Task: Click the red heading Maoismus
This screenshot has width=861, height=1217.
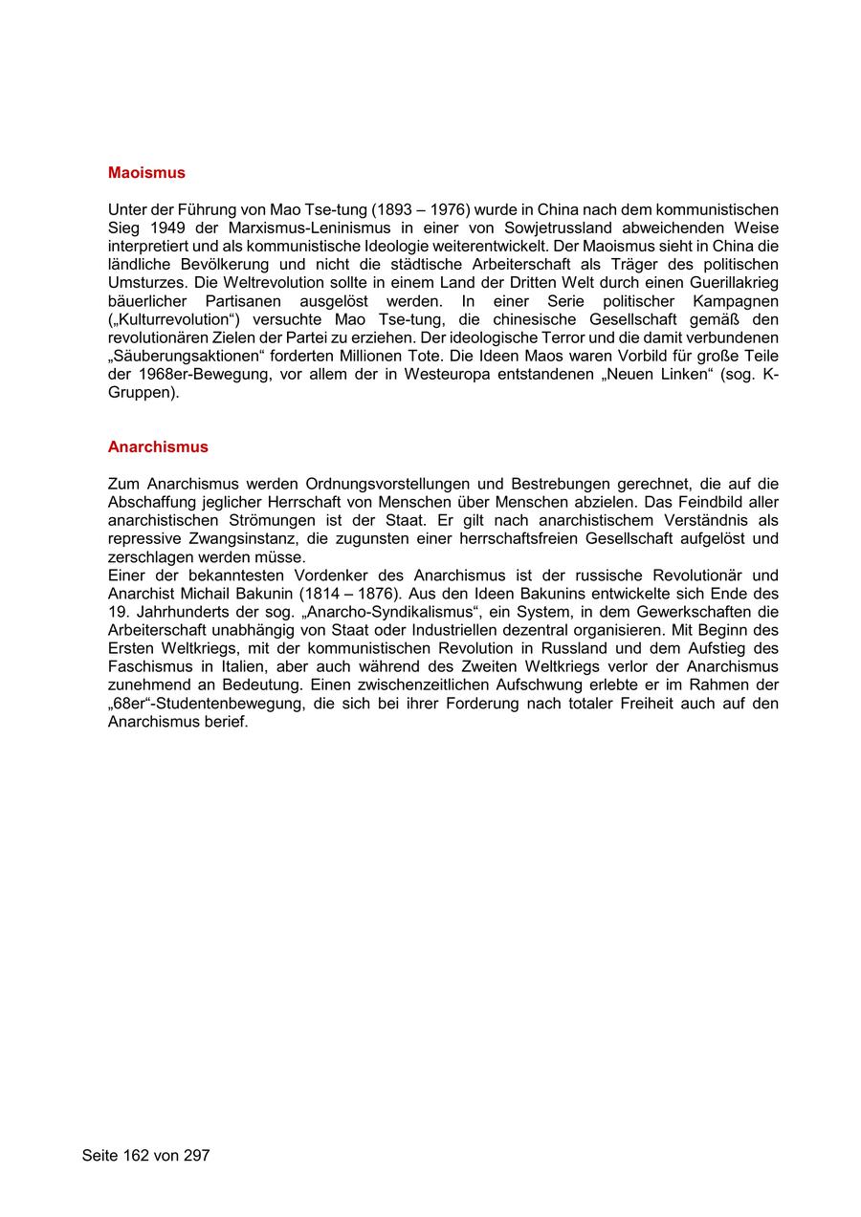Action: tap(146, 173)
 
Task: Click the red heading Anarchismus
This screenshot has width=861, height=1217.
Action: tap(158, 446)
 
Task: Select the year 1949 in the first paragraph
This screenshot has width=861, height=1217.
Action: tap(168, 228)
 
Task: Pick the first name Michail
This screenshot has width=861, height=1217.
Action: tap(208, 594)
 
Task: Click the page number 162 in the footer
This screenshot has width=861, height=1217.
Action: tap(135, 1156)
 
